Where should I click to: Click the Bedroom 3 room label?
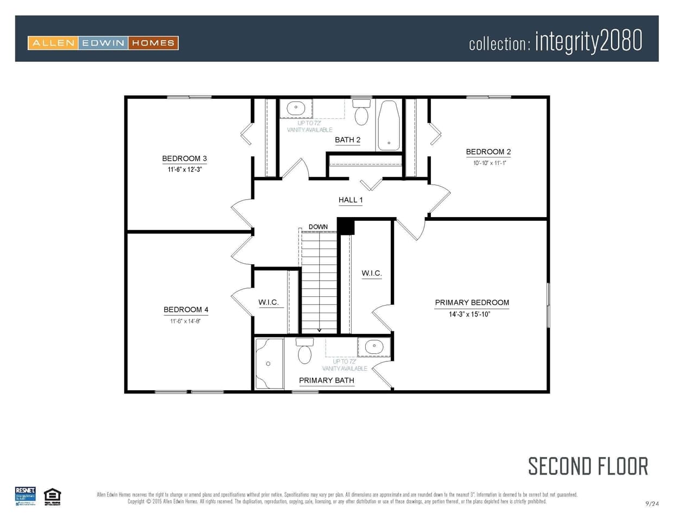(x=185, y=158)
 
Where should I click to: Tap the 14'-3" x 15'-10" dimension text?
(x=469, y=314)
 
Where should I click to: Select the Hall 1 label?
(x=351, y=200)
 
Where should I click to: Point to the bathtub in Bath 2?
(x=389, y=125)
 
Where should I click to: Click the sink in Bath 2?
(x=296, y=107)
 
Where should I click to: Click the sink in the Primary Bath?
(x=374, y=346)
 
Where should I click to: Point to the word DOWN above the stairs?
(x=318, y=227)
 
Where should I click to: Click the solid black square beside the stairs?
(x=346, y=226)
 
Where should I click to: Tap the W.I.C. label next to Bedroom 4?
(x=269, y=302)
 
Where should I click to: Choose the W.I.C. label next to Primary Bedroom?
(x=372, y=273)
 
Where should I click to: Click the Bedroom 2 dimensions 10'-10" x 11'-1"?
(x=489, y=163)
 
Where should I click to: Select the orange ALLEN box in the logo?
(x=53, y=43)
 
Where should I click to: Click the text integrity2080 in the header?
(x=589, y=41)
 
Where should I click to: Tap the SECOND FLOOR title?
(x=588, y=466)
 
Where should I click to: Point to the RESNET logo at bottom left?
(x=26, y=495)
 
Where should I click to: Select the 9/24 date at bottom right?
(x=652, y=504)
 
